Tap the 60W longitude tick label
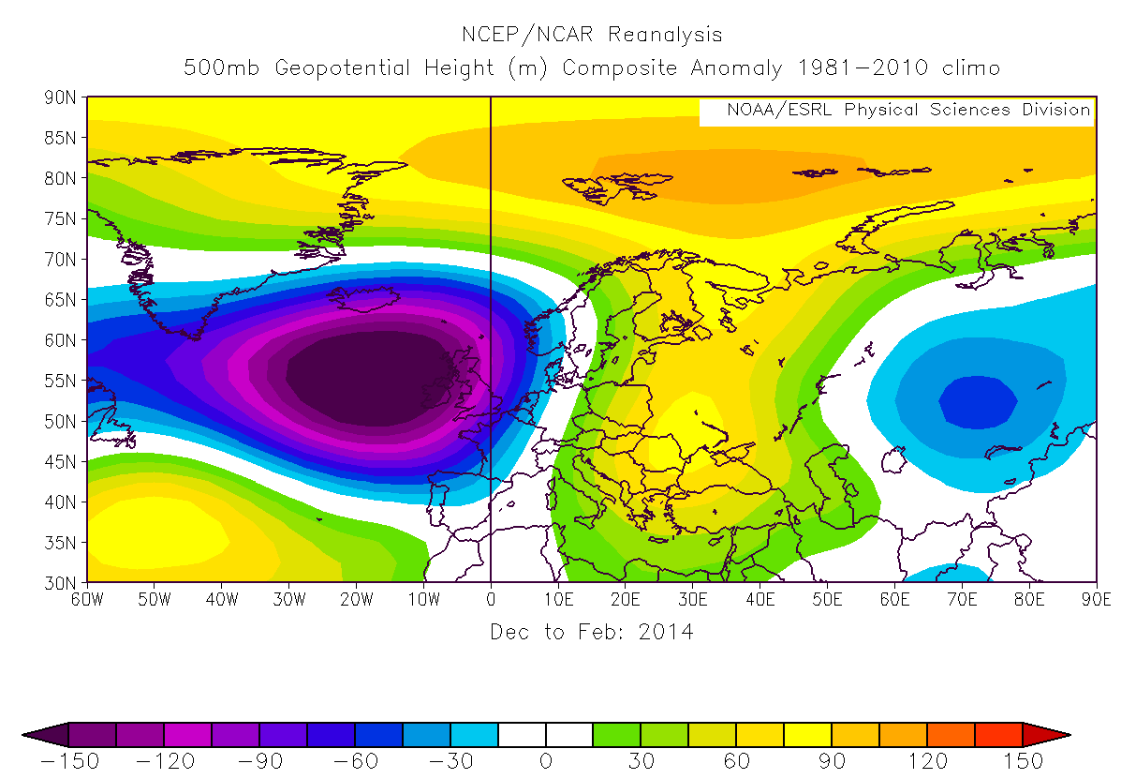click(x=87, y=599)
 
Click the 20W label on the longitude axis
click(x=356, y=599)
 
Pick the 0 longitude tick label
click(x=491, y=599)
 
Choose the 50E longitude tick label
click(x=827, y=599)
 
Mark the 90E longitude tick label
click(x=1096, y=599)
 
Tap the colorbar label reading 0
click(x=546, y=760)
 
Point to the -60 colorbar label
click(x=354, y=760)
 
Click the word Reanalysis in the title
click(x=665, y=36)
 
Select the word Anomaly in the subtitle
click(x=736, y=68)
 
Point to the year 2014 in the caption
click(x=666, y=633)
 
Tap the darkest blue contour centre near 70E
click(x=978, y=402)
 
